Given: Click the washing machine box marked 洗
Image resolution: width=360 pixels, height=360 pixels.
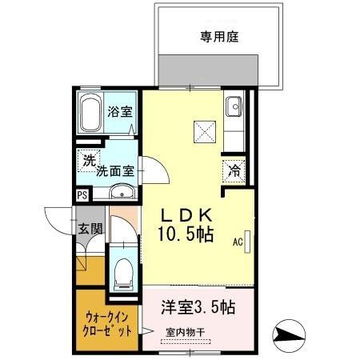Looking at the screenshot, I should pyautogui.click(x=87, y=159).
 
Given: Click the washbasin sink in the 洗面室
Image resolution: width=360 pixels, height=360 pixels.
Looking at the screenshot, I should pyautogui.click(x=120, y=191).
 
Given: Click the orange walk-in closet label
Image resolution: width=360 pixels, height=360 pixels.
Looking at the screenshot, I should pyautogui.click(x=106, y=320).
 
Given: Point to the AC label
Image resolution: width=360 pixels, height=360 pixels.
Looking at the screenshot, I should pyautogui.click(x=238, y=240).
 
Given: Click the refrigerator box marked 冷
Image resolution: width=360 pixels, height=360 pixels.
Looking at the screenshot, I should pyautogui.click(x=234, y=170).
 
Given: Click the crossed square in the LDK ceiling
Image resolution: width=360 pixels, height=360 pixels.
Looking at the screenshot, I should pyautogui.click(x=203, y=129).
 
